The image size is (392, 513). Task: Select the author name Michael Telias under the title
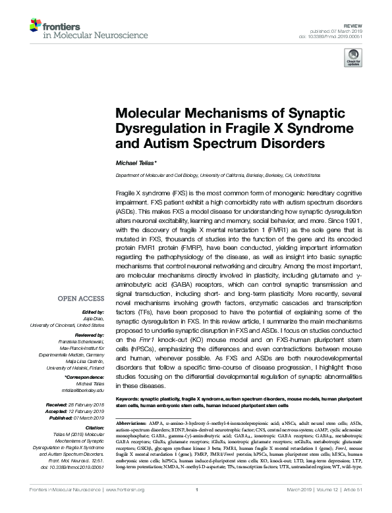coord(137,162)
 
